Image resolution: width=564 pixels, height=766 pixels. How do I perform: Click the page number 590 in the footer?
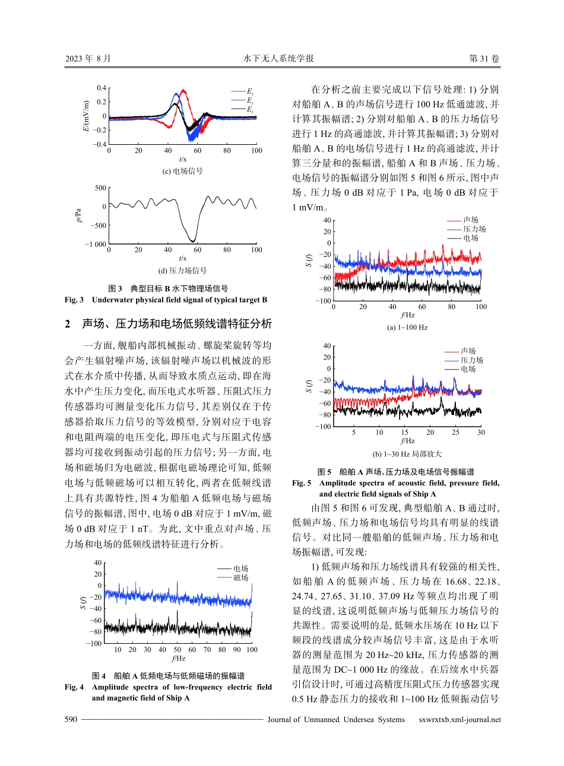(71, 720)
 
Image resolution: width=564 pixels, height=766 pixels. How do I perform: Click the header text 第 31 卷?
(484, 59)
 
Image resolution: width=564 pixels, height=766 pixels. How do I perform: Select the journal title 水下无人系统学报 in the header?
(278, 59)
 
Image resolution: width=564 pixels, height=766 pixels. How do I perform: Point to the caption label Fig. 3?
(74, 300)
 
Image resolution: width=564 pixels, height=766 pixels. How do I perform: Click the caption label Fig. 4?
(74, 687)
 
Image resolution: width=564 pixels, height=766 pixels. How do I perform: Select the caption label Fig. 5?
(302, 483)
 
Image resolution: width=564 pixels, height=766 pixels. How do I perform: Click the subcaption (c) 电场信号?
(182, 171)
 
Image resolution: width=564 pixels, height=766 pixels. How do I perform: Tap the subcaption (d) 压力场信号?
(182, 271)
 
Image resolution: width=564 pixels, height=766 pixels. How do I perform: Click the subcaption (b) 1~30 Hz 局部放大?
(407, 454)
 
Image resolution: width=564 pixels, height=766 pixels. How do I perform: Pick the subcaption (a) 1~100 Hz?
(407, 328)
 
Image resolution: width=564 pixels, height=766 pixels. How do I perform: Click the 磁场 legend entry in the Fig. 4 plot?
(240, 577)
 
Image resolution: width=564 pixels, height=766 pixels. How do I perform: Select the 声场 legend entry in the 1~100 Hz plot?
(471, 220)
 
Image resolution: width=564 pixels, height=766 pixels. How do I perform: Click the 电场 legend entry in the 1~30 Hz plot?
(468, 368)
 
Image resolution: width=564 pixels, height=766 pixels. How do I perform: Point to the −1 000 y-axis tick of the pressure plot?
(95, 244)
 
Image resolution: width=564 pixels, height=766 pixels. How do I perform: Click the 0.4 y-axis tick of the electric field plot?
(101, 88)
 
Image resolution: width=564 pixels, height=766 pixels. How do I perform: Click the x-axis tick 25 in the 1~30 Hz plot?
(455, 433)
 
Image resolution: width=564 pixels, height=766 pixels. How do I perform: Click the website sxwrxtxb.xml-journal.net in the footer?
(460, 720)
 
